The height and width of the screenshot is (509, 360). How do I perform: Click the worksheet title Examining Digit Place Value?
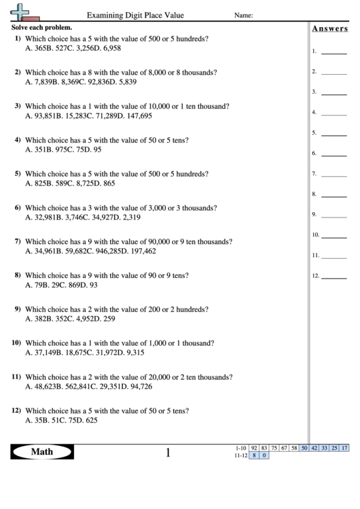[135, 15]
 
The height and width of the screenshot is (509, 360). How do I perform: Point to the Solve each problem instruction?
[42, 27]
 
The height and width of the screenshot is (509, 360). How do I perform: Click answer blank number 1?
[333, 51]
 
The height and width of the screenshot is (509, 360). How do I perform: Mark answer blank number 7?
[333, 174]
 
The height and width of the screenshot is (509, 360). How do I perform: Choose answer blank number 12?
[333, 276]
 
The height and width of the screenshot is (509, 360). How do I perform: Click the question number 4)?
[18, 139]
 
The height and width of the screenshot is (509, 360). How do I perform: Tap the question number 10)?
[16, 343]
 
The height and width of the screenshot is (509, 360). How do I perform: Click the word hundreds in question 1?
[192, 38]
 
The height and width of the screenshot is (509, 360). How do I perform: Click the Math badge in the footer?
[41, 451]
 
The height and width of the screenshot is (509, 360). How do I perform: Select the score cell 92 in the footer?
[254, 448]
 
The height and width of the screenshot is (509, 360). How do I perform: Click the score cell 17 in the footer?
[345, 448]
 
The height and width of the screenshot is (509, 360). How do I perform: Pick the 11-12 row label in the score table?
[238, 456]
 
